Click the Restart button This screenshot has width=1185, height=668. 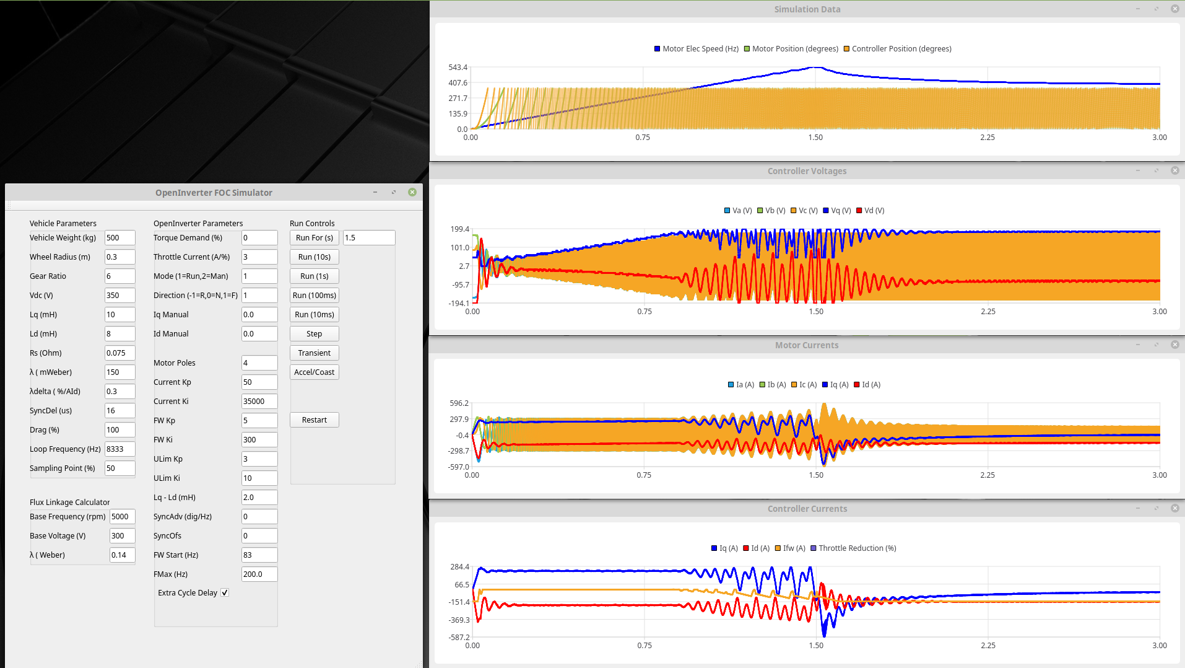pos(314,420)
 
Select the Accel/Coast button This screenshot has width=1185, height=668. pos(314,372)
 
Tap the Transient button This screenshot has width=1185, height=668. pos(314,353)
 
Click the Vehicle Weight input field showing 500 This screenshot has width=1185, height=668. pos(119,238)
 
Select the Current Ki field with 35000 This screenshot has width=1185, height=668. pos(259,402)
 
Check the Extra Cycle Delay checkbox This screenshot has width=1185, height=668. pos(225,593)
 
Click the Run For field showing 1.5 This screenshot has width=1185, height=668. pos(368,238)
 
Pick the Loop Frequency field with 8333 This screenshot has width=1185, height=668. pos(119,449)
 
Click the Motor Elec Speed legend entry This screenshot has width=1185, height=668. pos(697,49)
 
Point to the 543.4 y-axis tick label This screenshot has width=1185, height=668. pos(458,68)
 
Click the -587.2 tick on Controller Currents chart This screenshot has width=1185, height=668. pos(459,638)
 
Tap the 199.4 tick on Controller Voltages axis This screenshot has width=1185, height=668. pos(459,229)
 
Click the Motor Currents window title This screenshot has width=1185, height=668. pos(806,345)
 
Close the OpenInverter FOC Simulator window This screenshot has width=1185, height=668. pos(412,193)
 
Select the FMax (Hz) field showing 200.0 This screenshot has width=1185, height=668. pos(259,574)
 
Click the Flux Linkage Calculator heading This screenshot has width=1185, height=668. pos(69,503)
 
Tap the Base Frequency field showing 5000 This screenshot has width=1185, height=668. pos(122,517)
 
